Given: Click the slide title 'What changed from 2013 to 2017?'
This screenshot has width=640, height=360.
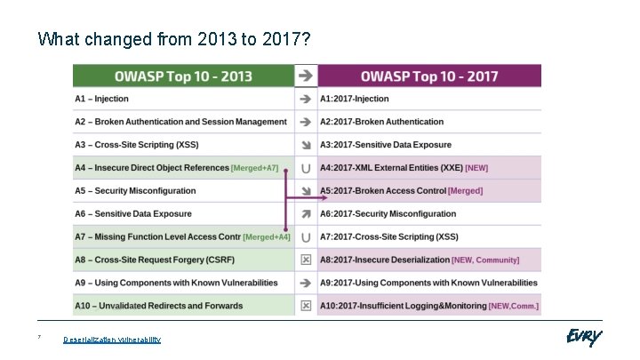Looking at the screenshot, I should click(174, 40).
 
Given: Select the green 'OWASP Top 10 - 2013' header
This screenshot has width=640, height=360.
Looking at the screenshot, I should click(182, 76).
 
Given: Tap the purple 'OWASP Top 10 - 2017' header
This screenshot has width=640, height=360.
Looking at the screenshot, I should click(429, 76).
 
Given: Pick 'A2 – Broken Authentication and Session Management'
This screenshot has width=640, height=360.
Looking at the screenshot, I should click(180, 122).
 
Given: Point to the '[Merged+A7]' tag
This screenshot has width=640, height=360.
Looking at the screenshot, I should click(254, 168).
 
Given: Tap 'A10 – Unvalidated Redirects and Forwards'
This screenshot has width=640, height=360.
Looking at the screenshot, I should click(158, 306).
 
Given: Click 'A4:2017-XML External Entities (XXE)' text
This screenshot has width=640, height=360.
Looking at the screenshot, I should click(391, 168).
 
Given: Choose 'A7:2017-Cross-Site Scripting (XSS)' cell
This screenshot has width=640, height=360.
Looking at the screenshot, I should click(389, 236).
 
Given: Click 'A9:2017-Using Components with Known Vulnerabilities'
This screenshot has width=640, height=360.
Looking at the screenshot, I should click(428, 283).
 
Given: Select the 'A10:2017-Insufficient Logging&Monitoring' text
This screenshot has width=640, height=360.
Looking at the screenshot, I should click(403, 306).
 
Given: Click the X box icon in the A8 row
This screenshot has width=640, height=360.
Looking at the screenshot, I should click(306, 260).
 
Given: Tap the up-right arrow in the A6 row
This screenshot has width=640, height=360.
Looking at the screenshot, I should click(306, 213).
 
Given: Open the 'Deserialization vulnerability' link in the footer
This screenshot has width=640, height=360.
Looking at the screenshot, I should click(112, 340).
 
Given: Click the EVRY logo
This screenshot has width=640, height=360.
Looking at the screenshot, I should click(583, 337).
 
